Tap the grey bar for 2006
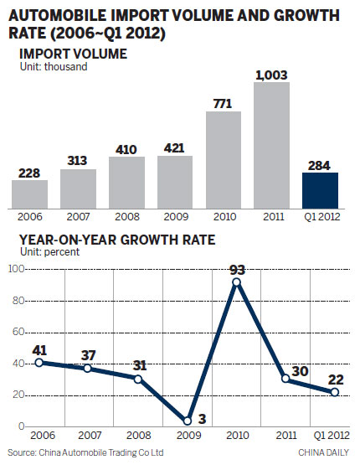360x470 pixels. [29, 194]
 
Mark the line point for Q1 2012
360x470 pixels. [335, 392]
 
